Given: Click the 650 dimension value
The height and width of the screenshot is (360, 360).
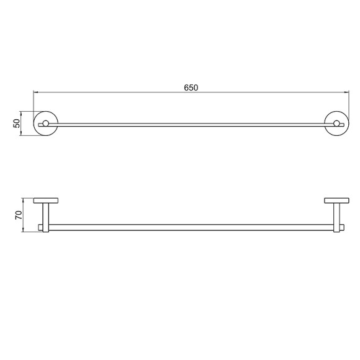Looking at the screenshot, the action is (x=191, y=88).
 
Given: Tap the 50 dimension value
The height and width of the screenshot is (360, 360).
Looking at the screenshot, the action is (x=17, y=124).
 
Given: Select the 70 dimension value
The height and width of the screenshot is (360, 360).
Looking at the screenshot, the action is (x=19, y=215).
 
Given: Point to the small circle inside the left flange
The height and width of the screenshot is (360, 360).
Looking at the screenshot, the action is (x=46, y=124).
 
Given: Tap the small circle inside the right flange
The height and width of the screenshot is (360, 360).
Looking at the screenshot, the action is (x=337, y=124).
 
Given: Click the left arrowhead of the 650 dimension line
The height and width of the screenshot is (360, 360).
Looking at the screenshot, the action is (x=35, y=92).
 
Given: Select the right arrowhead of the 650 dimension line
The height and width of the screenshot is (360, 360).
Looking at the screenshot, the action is (x=347, y=92).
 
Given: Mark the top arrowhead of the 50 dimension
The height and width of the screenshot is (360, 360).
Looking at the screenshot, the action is (x=21, y=114).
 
